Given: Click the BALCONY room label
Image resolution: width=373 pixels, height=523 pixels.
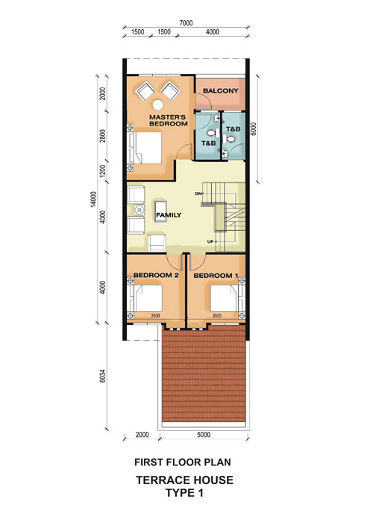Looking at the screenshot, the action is (x=221, y=90).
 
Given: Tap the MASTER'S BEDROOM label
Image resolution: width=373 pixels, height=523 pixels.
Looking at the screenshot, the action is (x=168, y=120).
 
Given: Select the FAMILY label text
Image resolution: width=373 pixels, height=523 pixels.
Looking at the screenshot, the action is (x=169, y=215).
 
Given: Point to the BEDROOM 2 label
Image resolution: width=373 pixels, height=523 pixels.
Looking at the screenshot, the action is (x=156, y=275).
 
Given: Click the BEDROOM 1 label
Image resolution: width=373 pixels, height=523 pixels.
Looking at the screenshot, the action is (x=216, y=276).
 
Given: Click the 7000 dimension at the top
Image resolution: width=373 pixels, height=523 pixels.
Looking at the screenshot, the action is (x=186, y=23).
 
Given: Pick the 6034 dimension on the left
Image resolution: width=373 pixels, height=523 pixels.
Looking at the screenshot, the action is (x=103, y=376).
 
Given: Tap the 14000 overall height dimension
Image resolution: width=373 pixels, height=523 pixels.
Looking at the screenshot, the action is (x=93, y=199).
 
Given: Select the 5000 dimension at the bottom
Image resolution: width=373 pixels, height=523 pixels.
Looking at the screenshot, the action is (x=204, y=435).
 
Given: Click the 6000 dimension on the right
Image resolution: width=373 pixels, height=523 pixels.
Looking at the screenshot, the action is (x=254, y=129).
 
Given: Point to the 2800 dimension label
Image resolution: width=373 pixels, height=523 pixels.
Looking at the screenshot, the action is (x=103, y=136).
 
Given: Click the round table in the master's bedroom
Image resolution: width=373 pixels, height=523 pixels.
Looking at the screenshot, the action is (x=158, y=105).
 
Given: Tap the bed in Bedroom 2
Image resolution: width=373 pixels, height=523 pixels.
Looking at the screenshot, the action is (x=145, y=298).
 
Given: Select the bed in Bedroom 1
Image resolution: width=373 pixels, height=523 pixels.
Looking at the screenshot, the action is (x=228, y=298).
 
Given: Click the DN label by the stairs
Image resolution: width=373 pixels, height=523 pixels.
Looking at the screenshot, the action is (x=198, y=194).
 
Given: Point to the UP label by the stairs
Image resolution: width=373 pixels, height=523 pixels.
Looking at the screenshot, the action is (x=210, y=241).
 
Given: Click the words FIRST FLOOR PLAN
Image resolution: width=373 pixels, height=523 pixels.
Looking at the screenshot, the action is (x=183, y=462).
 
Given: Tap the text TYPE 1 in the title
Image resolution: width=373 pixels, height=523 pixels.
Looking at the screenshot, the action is (x=184, y=492).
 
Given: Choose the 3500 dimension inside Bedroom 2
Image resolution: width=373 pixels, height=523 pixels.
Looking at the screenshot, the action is (x=155, y=315).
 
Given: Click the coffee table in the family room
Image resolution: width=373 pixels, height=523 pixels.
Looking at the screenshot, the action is (x=161, y=211).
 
